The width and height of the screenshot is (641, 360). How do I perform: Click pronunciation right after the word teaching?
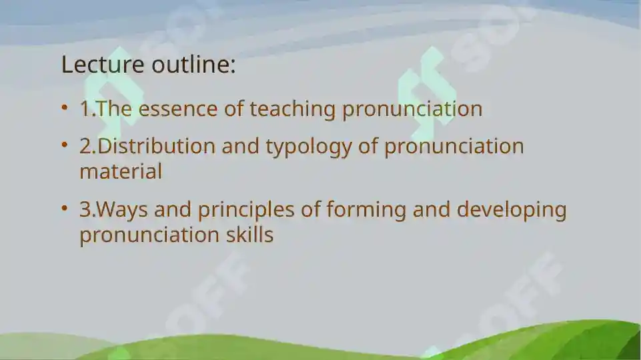pos(412,109)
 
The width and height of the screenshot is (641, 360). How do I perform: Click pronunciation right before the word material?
pos(454,147)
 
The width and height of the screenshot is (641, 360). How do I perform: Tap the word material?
pos(121,171)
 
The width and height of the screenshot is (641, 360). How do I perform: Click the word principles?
pos(245,211)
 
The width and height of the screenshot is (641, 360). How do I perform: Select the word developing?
pos(512,211)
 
